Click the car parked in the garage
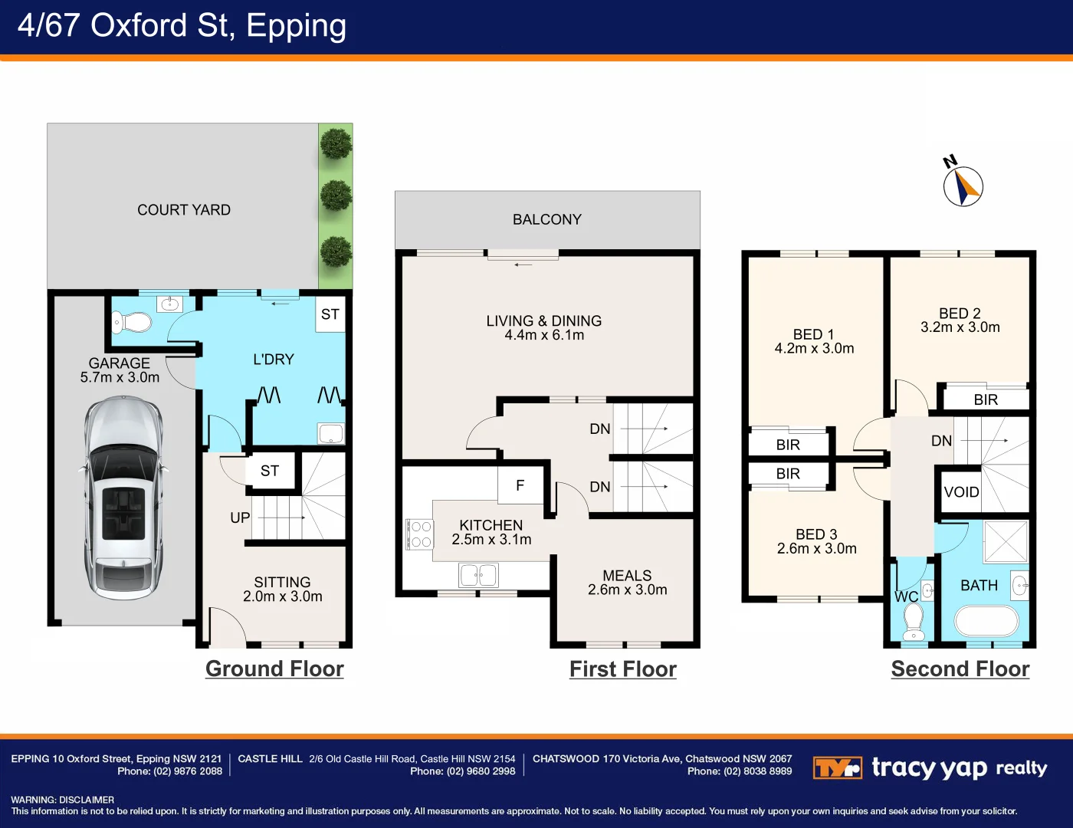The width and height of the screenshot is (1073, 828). click(123, 498)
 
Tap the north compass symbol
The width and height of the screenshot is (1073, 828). click(963, 186)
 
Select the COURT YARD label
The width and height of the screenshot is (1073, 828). click(184, 210)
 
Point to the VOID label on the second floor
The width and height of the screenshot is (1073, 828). click(961, 492)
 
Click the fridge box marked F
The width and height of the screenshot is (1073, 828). click(520, 485)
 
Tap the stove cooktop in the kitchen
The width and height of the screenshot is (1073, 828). click(419, 534)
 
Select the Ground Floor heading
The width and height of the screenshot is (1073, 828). click(274, 669)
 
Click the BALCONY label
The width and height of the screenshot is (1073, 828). click(547, 219)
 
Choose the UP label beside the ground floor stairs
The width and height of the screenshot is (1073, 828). click(240, 517)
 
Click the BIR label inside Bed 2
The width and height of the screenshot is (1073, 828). click(986, 399)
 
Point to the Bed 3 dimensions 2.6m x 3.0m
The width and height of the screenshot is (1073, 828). click(817, 549)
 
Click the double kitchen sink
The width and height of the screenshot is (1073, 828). click(478, 575)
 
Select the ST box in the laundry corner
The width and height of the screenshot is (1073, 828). click(330, 314)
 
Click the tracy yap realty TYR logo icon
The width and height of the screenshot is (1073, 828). click(837, 767)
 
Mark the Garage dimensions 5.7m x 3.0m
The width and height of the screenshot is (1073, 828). click(120, 377)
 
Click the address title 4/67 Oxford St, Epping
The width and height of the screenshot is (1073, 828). click(182, 25)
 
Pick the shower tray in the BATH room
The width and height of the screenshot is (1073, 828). click(1005, 541)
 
